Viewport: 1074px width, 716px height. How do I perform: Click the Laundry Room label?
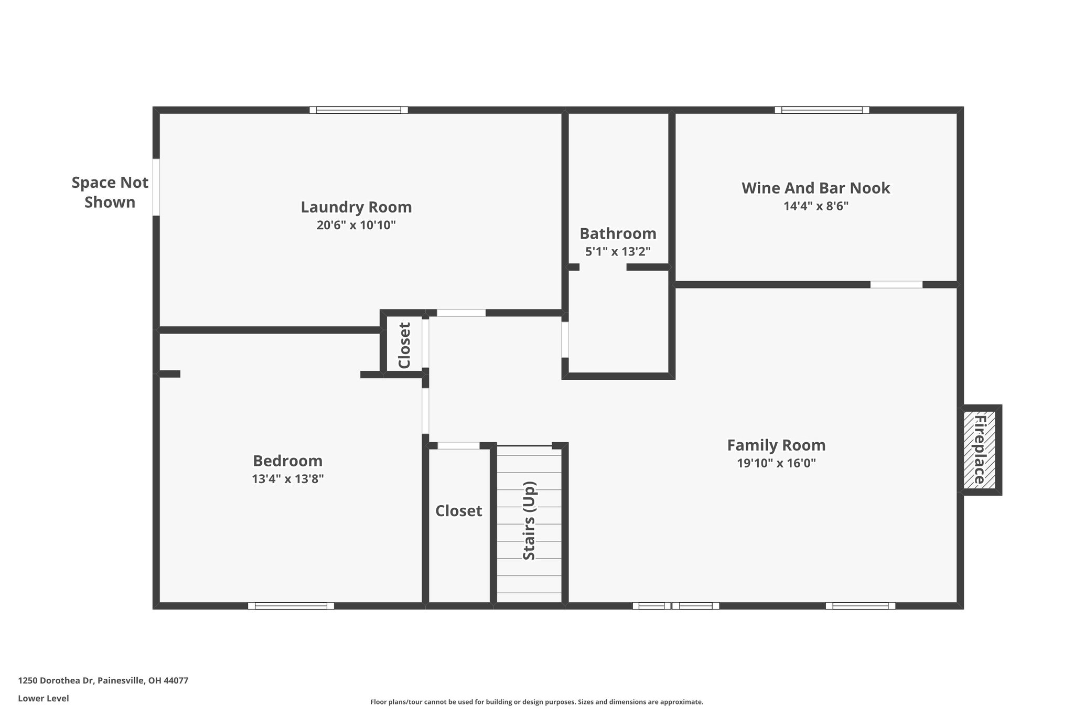click(356, 207)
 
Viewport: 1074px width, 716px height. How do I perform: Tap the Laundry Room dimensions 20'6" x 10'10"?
click(356, 226)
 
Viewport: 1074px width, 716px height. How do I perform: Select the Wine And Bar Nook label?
click(815, 188)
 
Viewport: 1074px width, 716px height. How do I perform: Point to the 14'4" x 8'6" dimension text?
click(816, 206)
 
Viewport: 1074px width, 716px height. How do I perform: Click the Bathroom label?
click(618, 233)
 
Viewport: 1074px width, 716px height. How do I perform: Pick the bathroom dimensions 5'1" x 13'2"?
click(618, 252)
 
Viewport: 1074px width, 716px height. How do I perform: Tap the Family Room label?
click(776, 445)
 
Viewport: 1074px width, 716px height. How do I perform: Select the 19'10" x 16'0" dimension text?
click(776, 464)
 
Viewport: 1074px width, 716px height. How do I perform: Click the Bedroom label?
click(287, 461)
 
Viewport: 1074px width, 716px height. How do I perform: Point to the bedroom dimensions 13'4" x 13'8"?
click(287, 479)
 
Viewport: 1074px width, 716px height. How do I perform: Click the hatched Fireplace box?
click(980, 450)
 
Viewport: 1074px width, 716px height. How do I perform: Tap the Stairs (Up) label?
click(529, 520)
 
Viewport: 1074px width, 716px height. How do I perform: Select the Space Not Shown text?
click(110, 193)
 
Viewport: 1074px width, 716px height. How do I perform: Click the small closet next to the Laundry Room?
click(404, 344)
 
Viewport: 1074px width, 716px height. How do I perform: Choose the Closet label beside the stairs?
click(458, 511)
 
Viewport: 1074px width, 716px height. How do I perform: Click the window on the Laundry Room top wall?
click(359, 110)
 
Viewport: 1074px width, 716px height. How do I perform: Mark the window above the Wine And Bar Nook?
click(822, 110)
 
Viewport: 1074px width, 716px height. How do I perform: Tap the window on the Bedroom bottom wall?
click(291, 606)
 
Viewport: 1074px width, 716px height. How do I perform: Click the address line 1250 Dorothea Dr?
click(103, 680)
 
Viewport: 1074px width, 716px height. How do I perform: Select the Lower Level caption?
click(44, 698)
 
